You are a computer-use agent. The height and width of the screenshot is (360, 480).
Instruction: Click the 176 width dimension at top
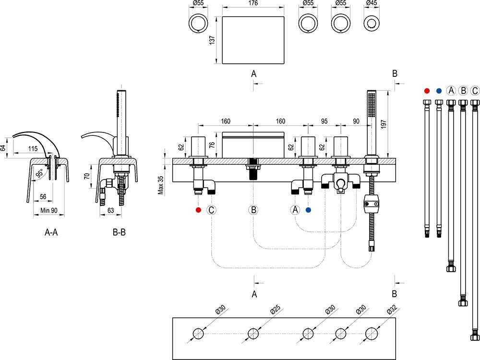(253, 3)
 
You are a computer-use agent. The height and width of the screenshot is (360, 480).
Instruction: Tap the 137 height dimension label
(212, 40)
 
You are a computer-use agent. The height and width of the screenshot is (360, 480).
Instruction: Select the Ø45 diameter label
(371, 3)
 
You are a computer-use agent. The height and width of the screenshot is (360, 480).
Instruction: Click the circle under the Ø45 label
(371, 24)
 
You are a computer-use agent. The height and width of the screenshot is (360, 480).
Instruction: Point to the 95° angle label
(39, 174)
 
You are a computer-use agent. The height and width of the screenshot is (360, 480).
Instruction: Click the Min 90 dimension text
(49, 210)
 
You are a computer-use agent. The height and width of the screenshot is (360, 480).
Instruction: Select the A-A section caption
(51, 232)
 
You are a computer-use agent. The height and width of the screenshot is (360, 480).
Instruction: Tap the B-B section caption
(119, 232)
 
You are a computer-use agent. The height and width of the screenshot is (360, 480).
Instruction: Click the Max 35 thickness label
(160, 185)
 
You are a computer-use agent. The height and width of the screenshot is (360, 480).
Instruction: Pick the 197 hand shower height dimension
(384, 124)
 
